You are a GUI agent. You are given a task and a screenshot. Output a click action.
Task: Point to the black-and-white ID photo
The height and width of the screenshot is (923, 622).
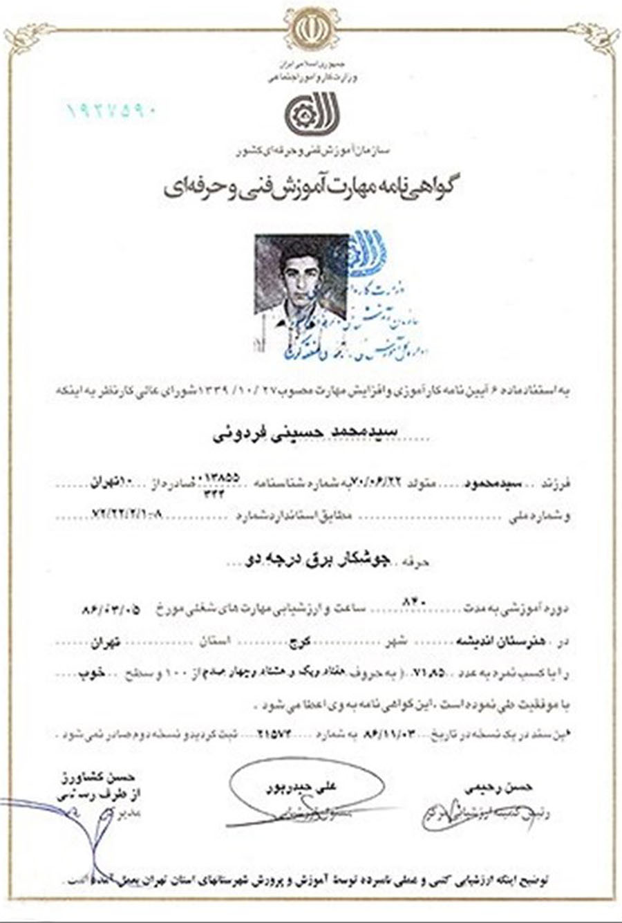point(301,282)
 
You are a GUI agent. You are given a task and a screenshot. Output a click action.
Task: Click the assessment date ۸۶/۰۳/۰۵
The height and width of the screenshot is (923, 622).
point(111,610)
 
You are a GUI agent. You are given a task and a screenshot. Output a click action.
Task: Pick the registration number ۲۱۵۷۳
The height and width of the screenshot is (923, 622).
point(267,735)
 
